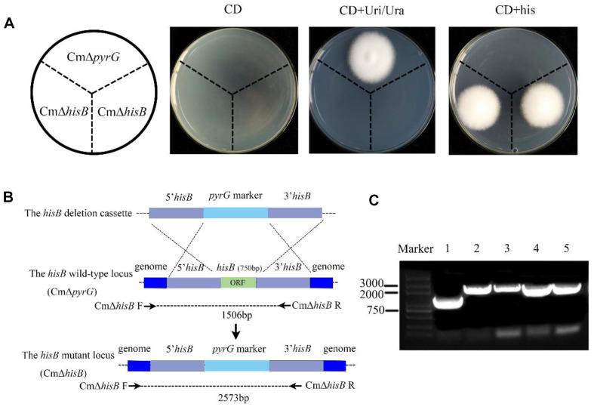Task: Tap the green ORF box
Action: tap(239, 282)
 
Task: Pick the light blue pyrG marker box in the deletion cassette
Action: tap(235, 214)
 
